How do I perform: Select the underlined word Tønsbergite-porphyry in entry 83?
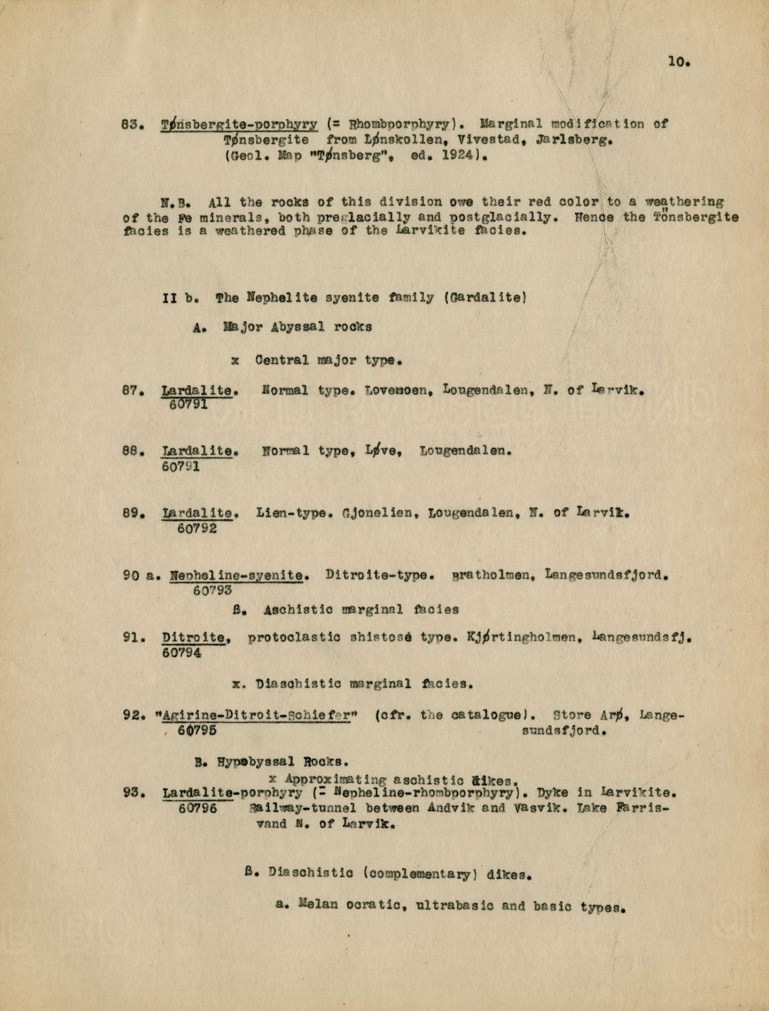[x=239, y=124]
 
